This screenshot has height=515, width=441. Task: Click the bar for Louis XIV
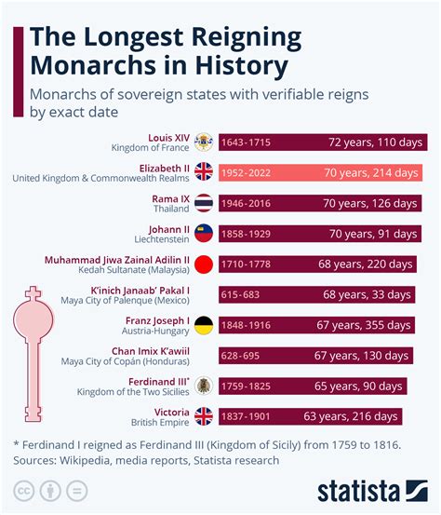321,142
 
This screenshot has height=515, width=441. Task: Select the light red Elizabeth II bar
321,172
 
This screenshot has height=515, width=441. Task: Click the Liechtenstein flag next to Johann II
203,233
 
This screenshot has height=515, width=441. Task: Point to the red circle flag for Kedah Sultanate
203,264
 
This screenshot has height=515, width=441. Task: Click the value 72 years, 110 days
376,142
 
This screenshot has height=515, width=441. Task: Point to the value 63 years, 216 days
376,415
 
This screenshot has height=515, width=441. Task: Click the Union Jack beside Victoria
203,415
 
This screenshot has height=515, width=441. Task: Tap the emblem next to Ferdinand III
203,385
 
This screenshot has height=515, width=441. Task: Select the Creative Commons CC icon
24,491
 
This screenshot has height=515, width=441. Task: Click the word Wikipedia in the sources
91,459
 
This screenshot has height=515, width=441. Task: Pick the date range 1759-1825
247,385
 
